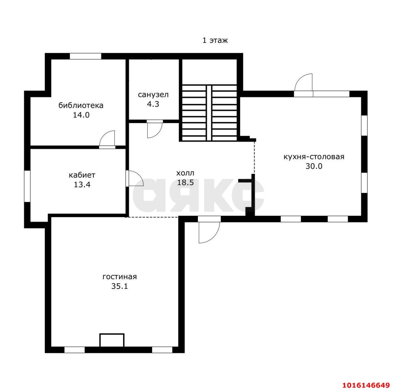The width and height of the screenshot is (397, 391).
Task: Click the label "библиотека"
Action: [81, 105]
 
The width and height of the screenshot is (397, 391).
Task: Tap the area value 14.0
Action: [81, 115]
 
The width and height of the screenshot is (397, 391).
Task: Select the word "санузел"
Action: [153, 95]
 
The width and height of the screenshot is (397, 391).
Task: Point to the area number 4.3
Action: [153, 104]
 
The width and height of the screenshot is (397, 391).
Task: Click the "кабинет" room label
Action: [82, 175]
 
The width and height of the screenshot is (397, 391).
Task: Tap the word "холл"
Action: [185, 173]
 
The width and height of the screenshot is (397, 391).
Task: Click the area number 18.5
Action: [185, 183]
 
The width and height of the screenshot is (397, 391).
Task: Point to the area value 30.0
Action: [314, 166]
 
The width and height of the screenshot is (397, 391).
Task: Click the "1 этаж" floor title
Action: [215, 40]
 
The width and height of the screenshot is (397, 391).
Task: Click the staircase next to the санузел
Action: [209, 113]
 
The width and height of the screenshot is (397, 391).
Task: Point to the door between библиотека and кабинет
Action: [107, 139]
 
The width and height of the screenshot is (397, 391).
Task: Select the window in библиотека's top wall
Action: [86, 56]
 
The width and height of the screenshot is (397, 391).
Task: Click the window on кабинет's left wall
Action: [27, 186]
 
